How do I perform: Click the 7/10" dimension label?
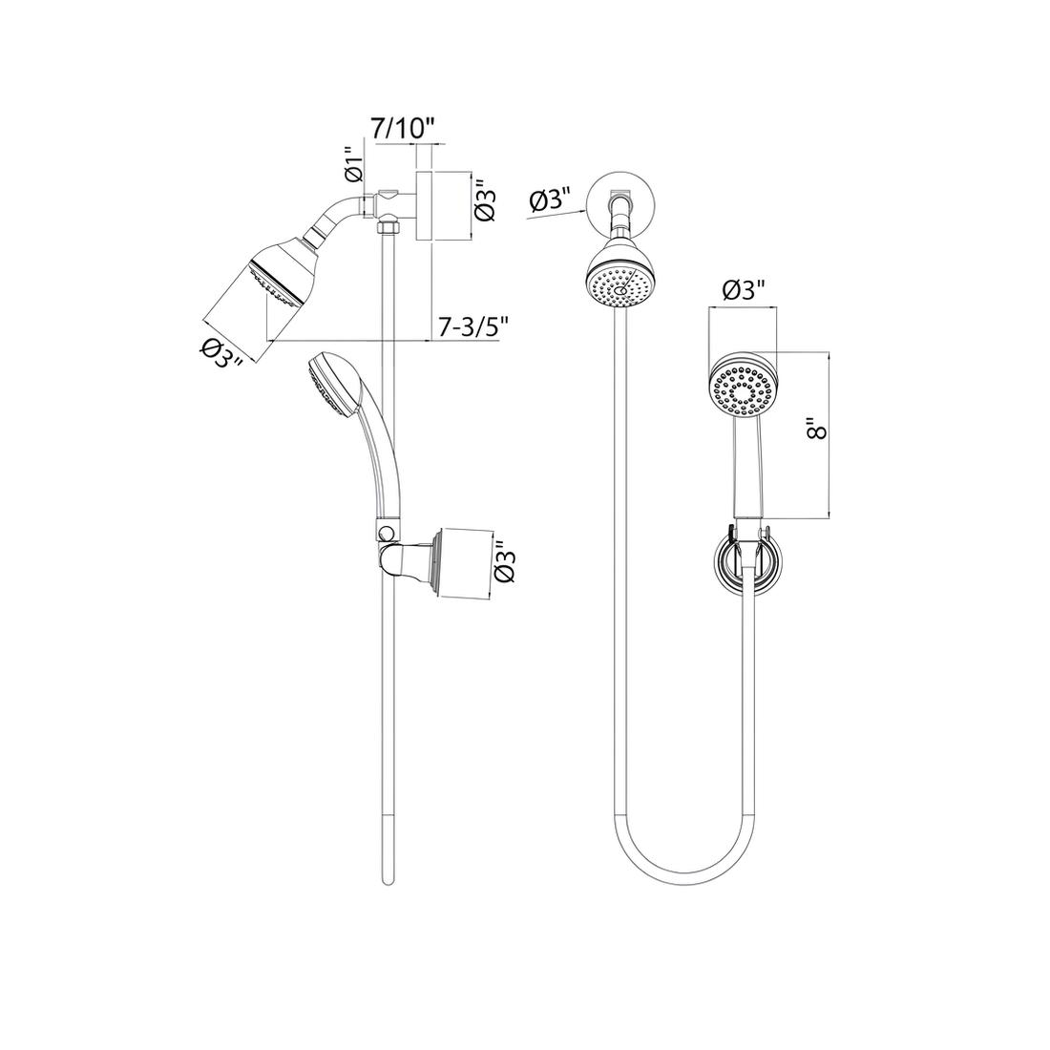405,128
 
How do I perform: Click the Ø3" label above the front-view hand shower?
744,290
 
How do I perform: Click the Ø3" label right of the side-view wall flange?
484,199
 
